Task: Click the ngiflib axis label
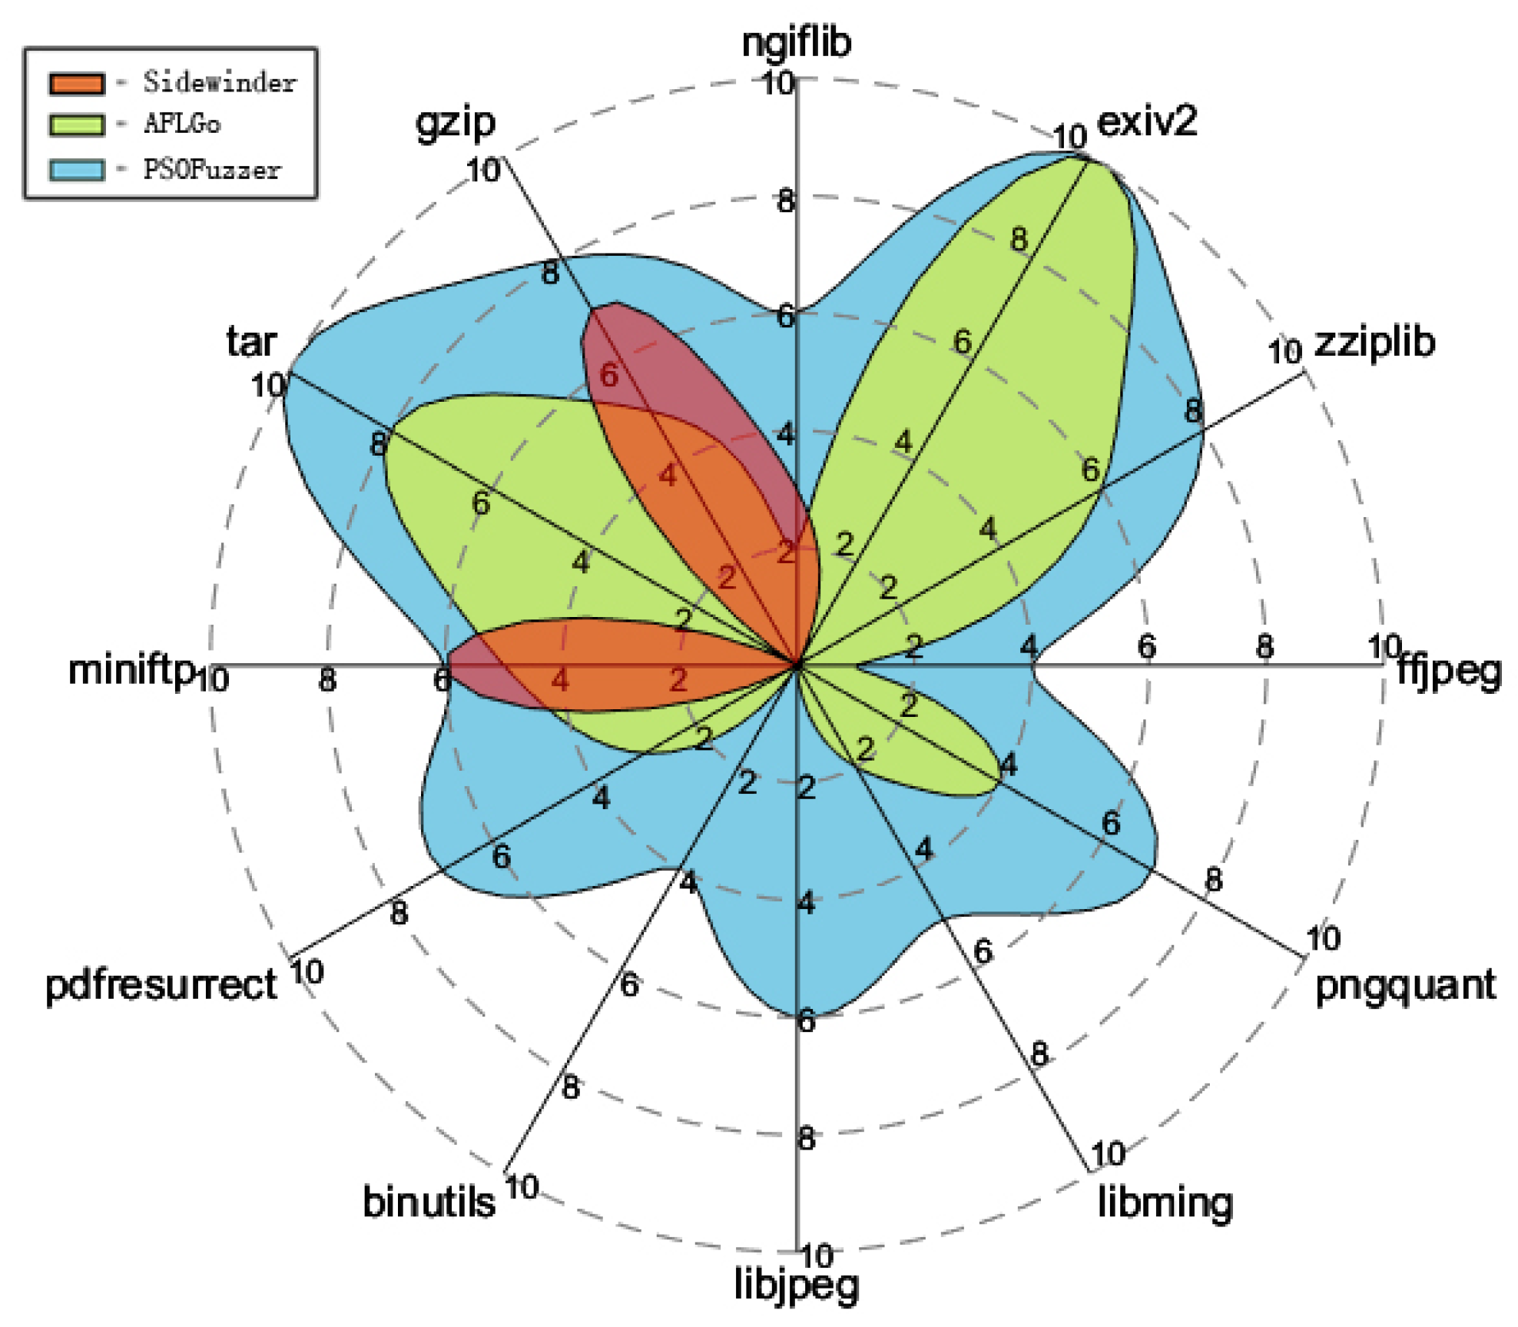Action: [x=796, y=43]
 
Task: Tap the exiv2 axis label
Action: [x=1146, y=121]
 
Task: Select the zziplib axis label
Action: [x=1374, y=342]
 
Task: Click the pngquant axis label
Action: [x=1404, y=986]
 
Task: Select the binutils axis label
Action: [x=429, y=1202]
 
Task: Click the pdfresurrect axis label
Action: [x=161, y=985]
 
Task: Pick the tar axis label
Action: [x=251, y=342]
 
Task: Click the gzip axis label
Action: [x=456, y=123]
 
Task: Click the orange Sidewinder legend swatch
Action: [x=76, y=83]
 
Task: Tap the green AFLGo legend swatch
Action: [x=76, y=125]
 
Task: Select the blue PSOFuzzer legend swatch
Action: [x=76, y=170]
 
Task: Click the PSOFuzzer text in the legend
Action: [x=212, y=170]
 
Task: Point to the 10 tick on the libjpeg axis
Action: [x=817, y=1256]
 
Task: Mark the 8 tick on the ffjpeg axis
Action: [x=1264, y=646]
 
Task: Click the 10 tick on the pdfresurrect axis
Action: [x=307, y=972]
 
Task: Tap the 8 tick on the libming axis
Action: [x=1039, y=1053]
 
